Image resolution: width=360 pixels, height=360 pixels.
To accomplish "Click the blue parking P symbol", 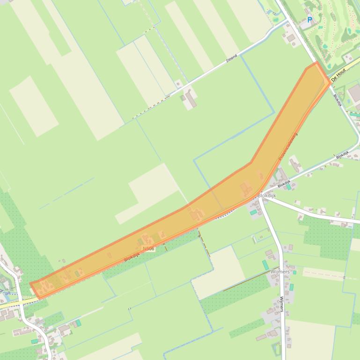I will click(x=309, y=20).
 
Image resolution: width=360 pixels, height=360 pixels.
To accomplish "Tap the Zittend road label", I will click(x=232, y=58).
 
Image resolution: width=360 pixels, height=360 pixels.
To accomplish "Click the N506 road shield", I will click(x=149, y=249).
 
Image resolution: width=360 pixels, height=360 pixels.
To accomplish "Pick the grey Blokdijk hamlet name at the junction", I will click(x=267, y=195).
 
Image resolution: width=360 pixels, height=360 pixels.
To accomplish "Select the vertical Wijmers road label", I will click(x=282, y=304).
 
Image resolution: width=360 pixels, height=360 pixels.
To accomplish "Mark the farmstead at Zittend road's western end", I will click(x=190, y=99).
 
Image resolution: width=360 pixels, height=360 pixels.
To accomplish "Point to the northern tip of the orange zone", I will click(x=317, y=63).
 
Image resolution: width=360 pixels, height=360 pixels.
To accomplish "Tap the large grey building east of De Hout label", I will click(x=354, y=94).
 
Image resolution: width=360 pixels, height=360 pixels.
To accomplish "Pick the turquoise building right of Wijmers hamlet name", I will click(x=291, y=287).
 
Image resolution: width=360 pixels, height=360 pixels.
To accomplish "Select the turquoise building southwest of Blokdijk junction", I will click(x=253, y=212).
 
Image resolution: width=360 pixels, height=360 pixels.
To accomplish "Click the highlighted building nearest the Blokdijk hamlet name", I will click(x=246, y=189).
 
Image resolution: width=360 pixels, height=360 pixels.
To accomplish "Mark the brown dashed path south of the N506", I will click(x=204, y=243).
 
